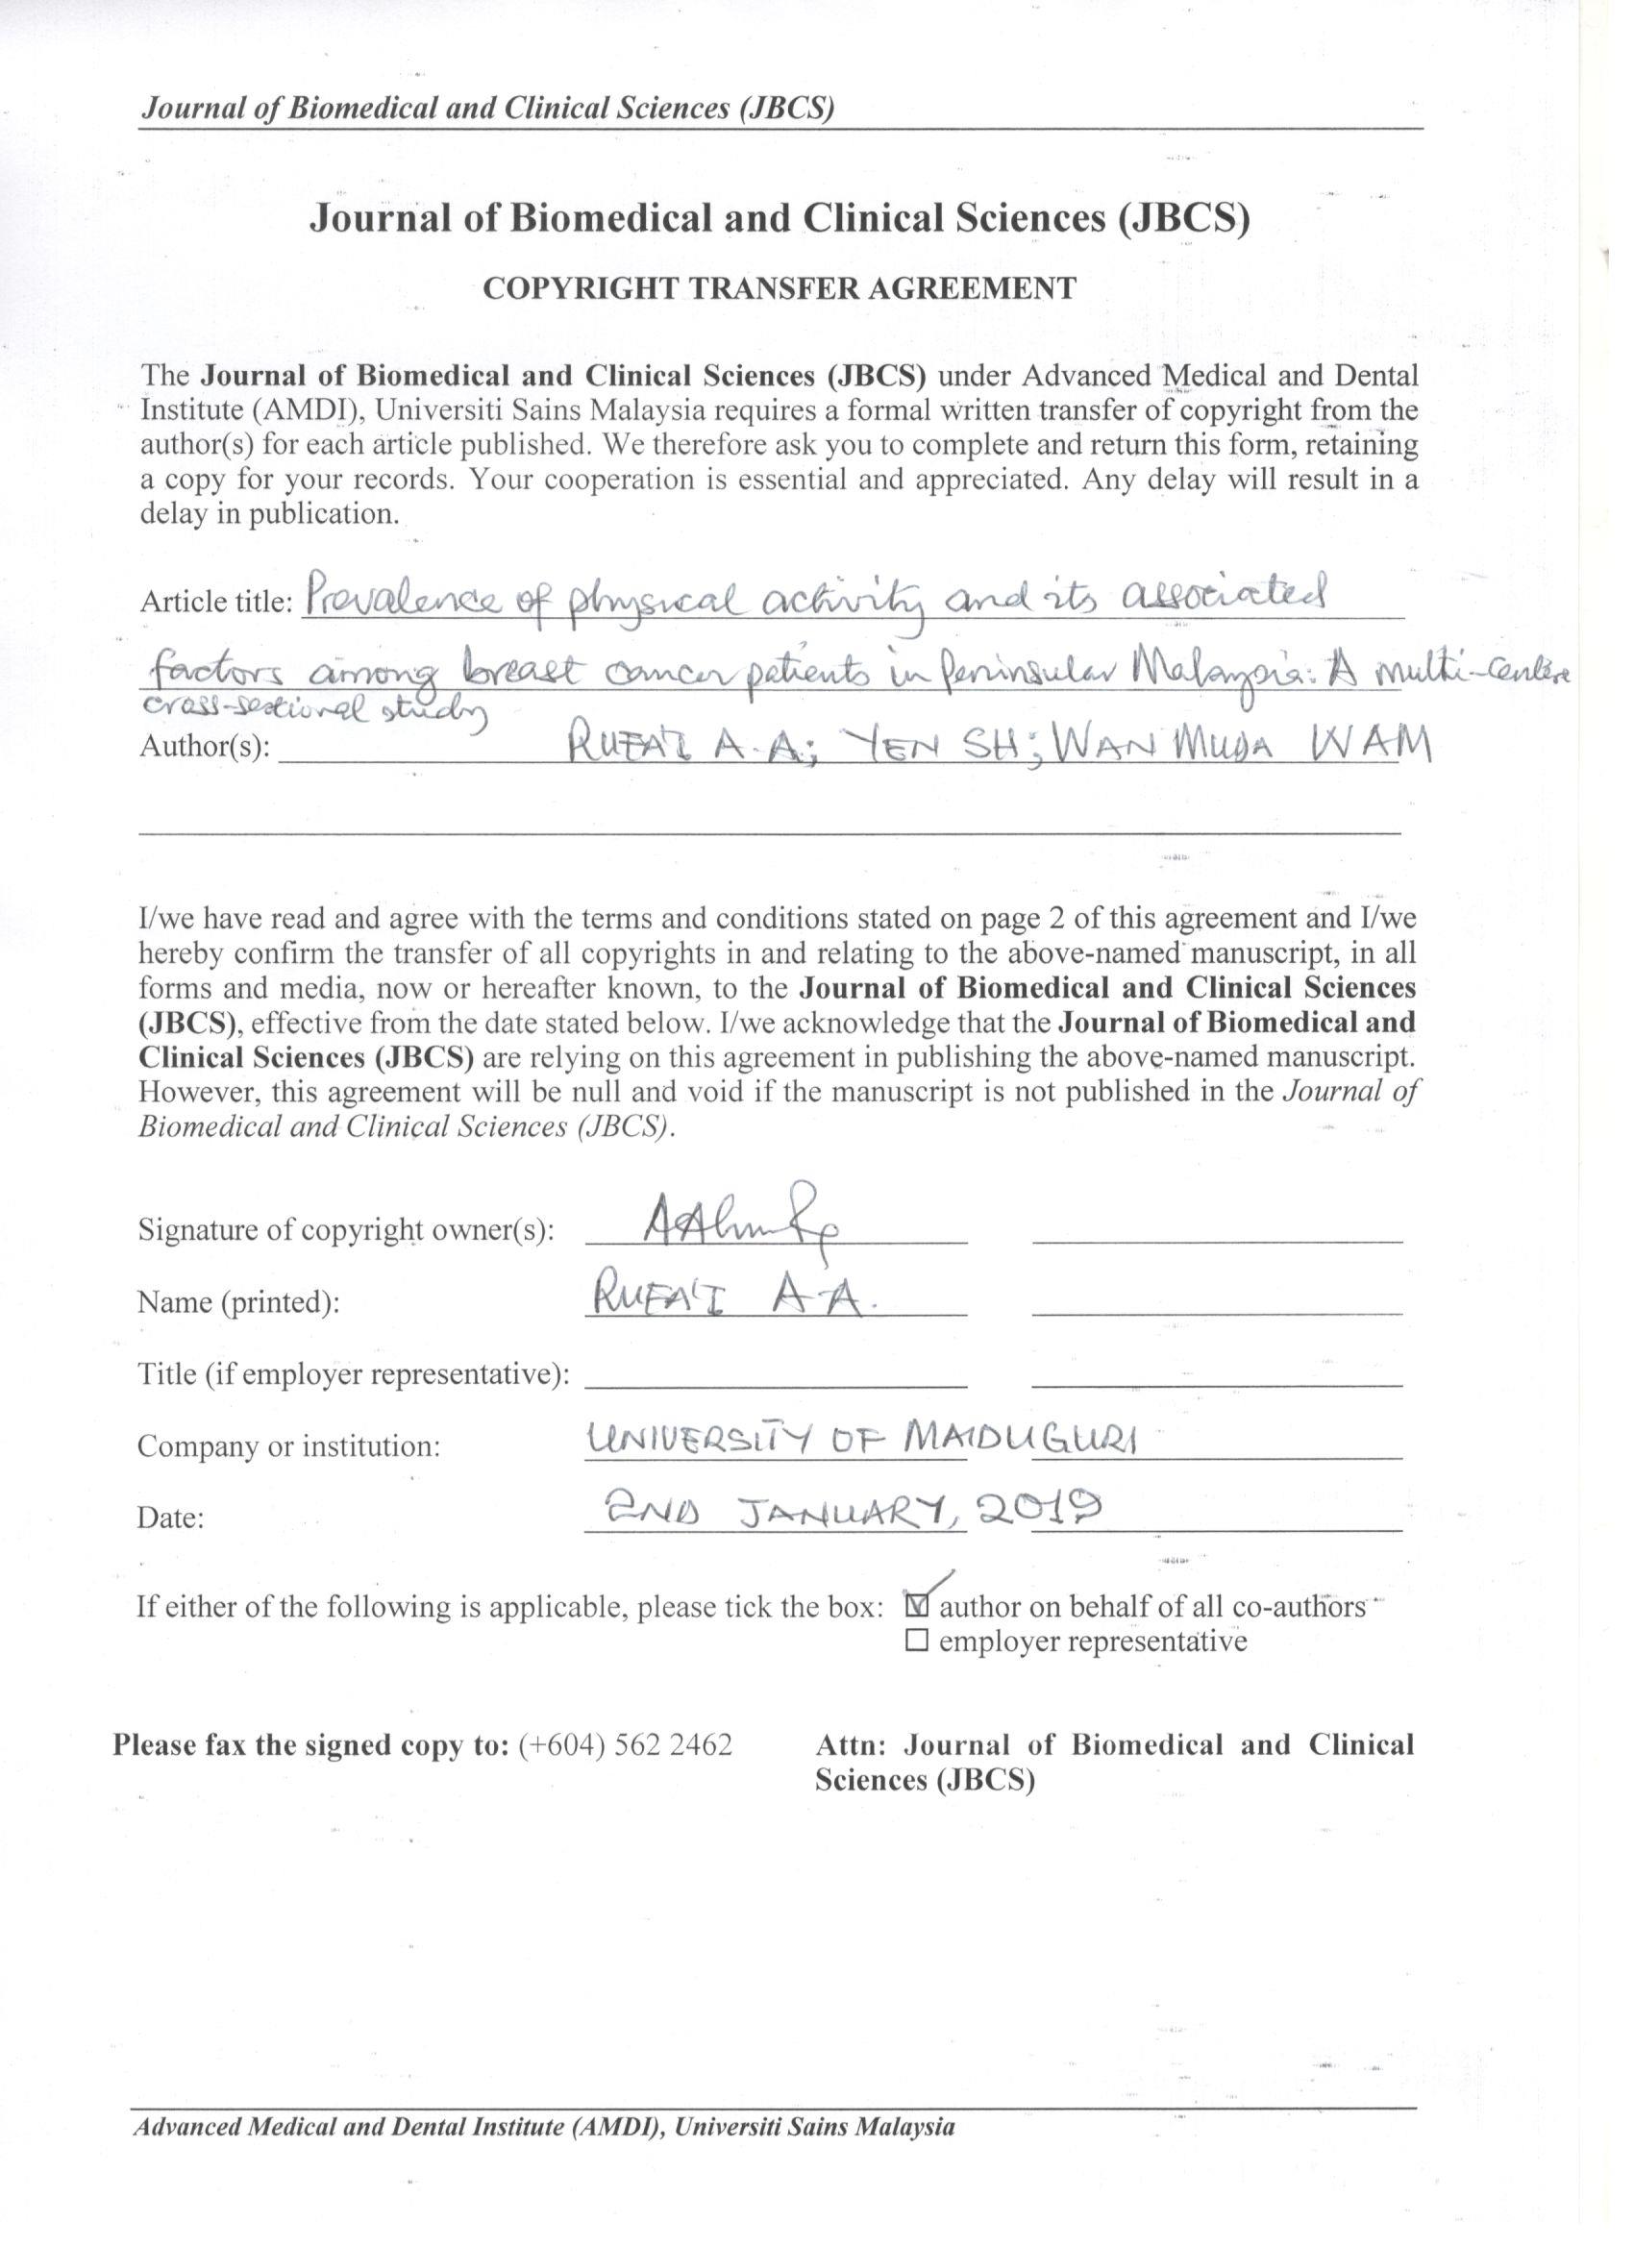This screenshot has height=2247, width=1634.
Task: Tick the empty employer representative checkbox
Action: (x=917, y=1641)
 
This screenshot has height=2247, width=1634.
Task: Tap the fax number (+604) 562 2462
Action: (x=626, y=1744)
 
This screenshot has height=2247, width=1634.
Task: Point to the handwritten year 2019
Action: (x=1039, y=1510)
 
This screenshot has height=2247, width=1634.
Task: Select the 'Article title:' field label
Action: (x=216, y=602)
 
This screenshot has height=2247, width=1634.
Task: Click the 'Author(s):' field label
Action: (x=205, y=746)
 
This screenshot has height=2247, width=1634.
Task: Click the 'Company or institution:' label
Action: (x=288, y=1446)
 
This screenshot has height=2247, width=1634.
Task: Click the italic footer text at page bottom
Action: (x=544, y=2127)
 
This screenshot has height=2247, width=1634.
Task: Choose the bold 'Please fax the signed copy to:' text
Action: (x=310, y=1744)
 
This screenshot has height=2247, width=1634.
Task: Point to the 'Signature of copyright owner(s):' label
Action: (x=346, y=1230)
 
